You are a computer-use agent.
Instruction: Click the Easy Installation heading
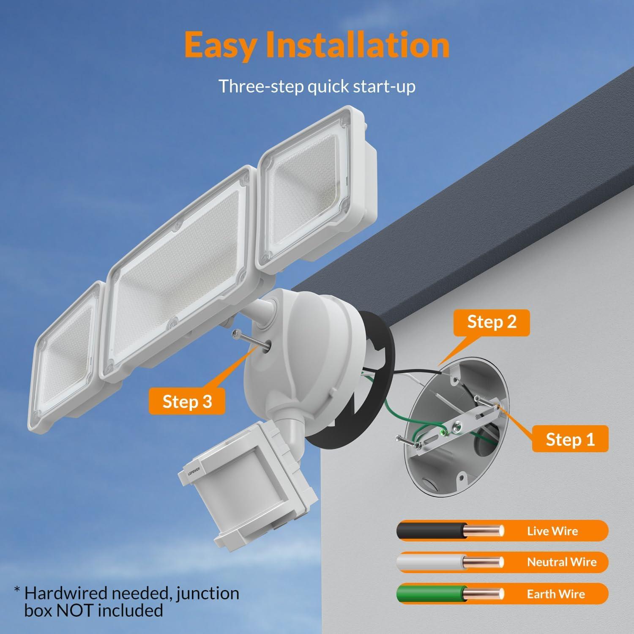click(x=317, y=45)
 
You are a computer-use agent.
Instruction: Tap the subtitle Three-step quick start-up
click(x=317, y=86)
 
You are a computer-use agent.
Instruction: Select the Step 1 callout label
click(x=570, y=440)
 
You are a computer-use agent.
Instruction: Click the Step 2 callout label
click(x=492, y=322)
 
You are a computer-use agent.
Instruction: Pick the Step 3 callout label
click(x=187, y=402)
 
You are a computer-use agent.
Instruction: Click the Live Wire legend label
click(x=552, y=531)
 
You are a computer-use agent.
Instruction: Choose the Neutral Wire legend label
click(x=561, y=562)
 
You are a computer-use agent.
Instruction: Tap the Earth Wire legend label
click(x=555, y=594)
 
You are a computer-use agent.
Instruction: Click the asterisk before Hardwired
click(x=17, y=590)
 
